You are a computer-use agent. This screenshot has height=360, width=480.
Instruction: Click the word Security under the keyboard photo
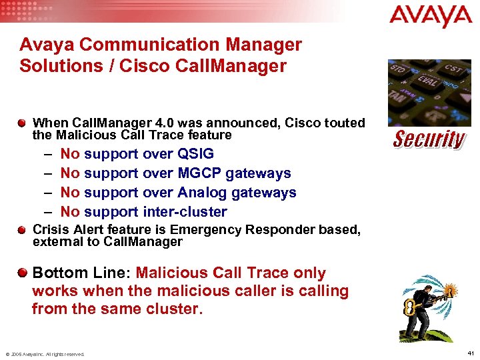point(429,140)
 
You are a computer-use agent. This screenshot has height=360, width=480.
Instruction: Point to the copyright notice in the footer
point(45,354)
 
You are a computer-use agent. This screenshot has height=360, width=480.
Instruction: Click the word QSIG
point(195,154)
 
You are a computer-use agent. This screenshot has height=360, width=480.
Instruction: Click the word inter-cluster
point(185,212)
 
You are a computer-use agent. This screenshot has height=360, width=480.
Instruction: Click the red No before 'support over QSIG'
point(70,154)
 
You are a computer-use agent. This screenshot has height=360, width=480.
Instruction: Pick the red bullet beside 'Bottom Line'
point(23,273)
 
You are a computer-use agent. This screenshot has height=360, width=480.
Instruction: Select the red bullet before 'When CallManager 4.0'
point(23,123)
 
